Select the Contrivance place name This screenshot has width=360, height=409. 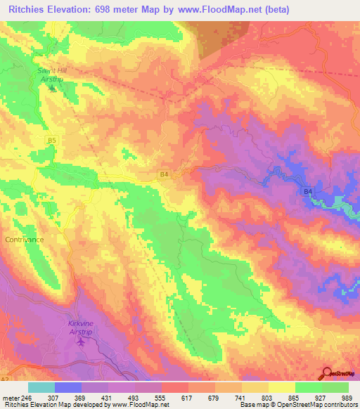[24, 240]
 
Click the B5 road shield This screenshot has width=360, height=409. [51, 141]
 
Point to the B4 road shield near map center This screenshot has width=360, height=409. [164, 174]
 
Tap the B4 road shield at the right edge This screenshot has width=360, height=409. [307, 191]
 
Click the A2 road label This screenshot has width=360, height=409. [5, 379]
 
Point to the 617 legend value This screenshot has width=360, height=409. [188, 397]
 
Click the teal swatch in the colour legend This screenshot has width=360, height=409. [41, 387]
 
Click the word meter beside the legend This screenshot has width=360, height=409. [11, 397]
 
